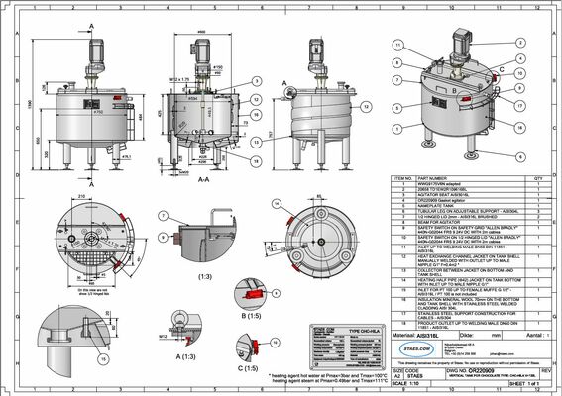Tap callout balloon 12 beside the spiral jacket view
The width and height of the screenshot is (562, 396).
256,116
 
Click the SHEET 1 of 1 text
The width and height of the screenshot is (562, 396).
527,384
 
